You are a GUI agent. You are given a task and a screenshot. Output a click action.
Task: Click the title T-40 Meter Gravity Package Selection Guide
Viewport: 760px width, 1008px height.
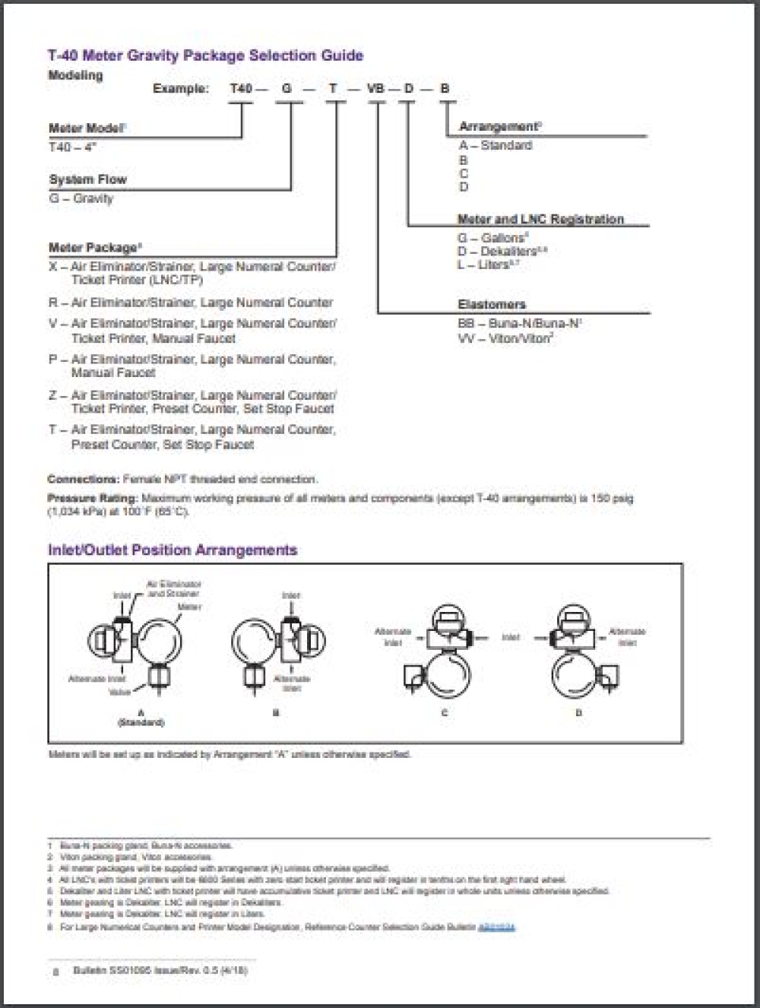click(205, 55)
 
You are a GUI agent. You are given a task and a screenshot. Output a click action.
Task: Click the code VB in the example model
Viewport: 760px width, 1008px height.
click(375, 88)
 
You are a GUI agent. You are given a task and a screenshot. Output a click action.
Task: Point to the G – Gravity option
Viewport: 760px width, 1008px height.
click(81, 198)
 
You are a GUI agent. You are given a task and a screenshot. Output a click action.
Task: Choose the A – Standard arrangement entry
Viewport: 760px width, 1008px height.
click(496, 145)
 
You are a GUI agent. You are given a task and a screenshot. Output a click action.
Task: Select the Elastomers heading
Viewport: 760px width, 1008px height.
click(492, 304)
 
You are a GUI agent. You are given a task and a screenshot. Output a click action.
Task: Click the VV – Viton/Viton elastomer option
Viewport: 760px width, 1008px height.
click(505, 338)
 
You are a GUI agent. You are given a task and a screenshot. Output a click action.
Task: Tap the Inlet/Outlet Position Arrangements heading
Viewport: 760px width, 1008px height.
click(173, 550)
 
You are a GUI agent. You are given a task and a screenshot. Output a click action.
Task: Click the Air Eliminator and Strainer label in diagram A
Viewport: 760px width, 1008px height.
click(173, 588)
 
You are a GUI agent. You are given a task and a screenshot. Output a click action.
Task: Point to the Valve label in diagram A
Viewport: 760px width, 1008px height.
click(120, 693)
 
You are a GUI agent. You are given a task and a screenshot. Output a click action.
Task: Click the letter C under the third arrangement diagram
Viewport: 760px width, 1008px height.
click(445, 713)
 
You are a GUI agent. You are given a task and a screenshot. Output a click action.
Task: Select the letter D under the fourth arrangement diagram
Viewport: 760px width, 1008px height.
click(579, 713)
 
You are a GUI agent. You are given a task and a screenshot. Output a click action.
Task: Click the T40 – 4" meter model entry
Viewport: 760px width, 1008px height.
click(73, 147)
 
